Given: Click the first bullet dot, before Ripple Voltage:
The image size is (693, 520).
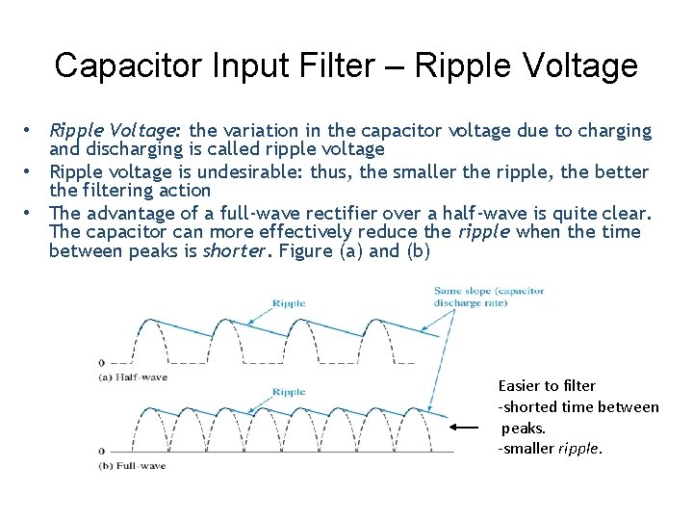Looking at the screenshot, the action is coord(31,130).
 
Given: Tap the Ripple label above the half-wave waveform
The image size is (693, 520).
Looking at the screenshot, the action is coord(289,303).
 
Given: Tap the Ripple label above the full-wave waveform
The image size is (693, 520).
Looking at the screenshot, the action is coord(289,392).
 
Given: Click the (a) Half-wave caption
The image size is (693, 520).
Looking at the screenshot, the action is coord(132,377).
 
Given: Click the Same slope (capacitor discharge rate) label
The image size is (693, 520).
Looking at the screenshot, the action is coord(488,297).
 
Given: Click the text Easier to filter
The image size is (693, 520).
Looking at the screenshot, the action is coord(547,385).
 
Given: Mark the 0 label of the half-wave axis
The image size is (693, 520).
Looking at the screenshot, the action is coord(101,363).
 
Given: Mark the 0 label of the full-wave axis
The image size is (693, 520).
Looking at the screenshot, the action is coord(101,451).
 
